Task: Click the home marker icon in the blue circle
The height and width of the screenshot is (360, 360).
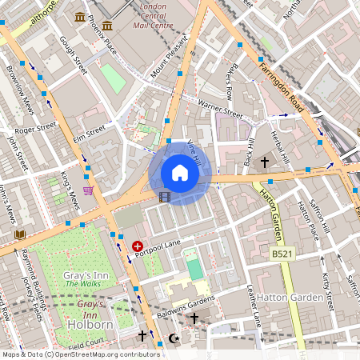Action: (x=180, y=172)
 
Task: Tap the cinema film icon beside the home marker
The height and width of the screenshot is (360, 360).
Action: (x=164, y=196)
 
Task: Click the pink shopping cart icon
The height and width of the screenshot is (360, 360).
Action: (x=88, y=190)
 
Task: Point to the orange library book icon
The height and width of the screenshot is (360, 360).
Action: (x=20, y=234)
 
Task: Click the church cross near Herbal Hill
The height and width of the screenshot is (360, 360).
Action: (x=265, y=162)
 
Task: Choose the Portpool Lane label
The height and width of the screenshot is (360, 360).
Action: (x=158, y=245)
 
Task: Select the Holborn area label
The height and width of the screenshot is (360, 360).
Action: (x=90, y=324)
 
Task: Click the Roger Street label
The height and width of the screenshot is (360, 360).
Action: (x=35, y=127)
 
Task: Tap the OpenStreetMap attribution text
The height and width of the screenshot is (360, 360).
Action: (x=81, y=354)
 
